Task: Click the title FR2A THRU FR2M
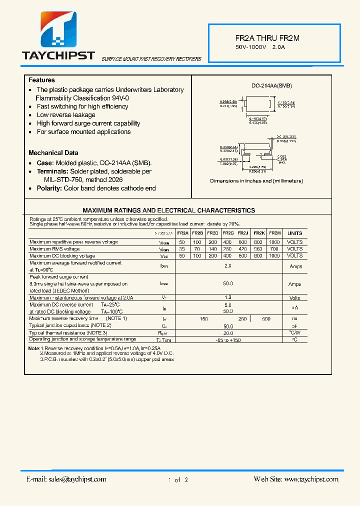(267, 38)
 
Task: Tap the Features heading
(41, 80)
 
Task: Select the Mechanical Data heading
(53, 152)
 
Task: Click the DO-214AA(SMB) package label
(271, 86)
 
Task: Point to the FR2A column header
(182, 233)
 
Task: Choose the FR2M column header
(274, 233)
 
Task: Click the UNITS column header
(295, 233)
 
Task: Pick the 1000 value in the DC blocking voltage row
(274, 255)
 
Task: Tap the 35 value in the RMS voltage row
(182, 248)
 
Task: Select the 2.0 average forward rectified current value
(228, 266)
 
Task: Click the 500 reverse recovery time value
(266, 318)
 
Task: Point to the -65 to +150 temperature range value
(228, 339)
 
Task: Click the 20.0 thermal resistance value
(228, 332)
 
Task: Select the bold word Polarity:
(49, 188)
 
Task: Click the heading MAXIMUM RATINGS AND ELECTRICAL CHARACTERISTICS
(168, 210)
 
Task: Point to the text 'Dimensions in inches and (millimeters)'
(256, 181)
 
